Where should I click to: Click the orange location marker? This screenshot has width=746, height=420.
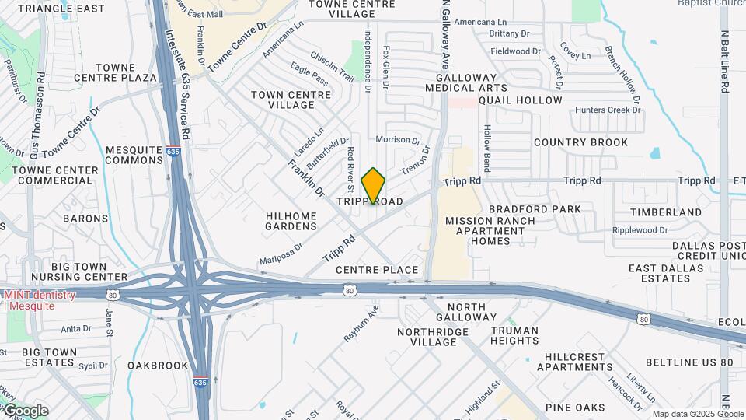tap(373, 186)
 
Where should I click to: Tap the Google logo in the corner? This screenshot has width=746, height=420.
tap(25, 410)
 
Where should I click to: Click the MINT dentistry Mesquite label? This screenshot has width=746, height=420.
tap(40, 300)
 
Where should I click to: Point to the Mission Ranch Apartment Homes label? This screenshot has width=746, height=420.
tap(490, 231)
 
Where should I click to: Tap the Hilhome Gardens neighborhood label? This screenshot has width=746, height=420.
tap(291, 221)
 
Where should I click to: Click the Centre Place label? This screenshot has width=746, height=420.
tap(377, 270)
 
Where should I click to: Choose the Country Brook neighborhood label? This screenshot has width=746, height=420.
tap(580, 142)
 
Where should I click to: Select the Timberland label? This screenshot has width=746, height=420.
tap(666, 212)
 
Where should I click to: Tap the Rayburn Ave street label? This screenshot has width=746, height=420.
tap(361, 323)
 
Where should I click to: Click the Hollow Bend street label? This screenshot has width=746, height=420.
tap(488, 148)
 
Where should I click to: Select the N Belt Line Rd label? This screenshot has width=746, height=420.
tap(723, 61)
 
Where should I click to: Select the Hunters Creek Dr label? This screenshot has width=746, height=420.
tap(608, 110)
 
